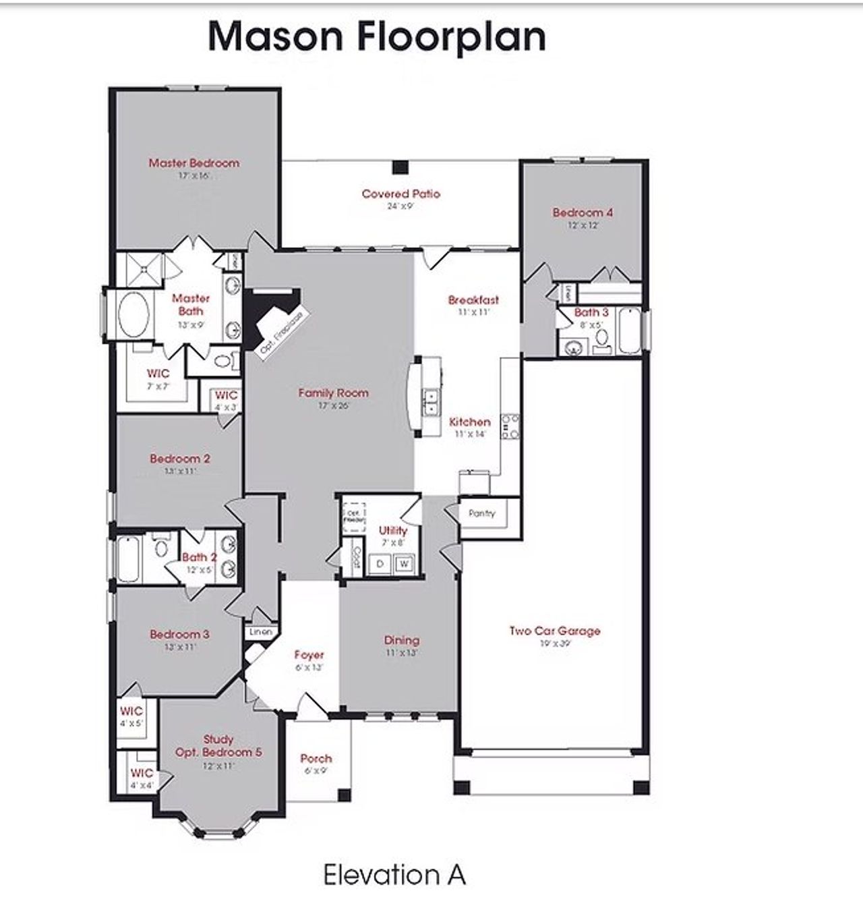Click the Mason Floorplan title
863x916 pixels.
pyautogui.click(x=376, y=36)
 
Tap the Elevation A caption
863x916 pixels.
pyautogui.click(x=394, y=875)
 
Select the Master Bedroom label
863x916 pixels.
pyautogui.click(x=194, y=163)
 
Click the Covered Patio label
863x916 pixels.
pyautogui.click(x=400, y=194)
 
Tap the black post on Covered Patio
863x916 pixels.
pyautogui.click(x=400, y=166)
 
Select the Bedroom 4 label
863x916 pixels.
pyautogui.click(x=583, y=212)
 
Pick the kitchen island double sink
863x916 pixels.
pyautogui.click(x=429, y=402)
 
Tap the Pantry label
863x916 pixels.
pyautogui.click(x=481, y=513)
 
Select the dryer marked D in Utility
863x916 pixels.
pyautogui.click(x=381, y=563)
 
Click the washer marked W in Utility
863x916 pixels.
pyautogui.click(x=404, y=563)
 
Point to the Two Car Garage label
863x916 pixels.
pyautogui.click(x=554, y=631)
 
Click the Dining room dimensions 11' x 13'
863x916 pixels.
pyautogui.click(x=402, y=652)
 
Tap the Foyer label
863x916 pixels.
pyautogui.click(x=309, y=654)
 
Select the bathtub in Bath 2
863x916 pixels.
pyautogui.click(x=128, y=559)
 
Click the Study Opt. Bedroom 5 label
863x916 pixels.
pyautogui.click(x=218, y=746)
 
